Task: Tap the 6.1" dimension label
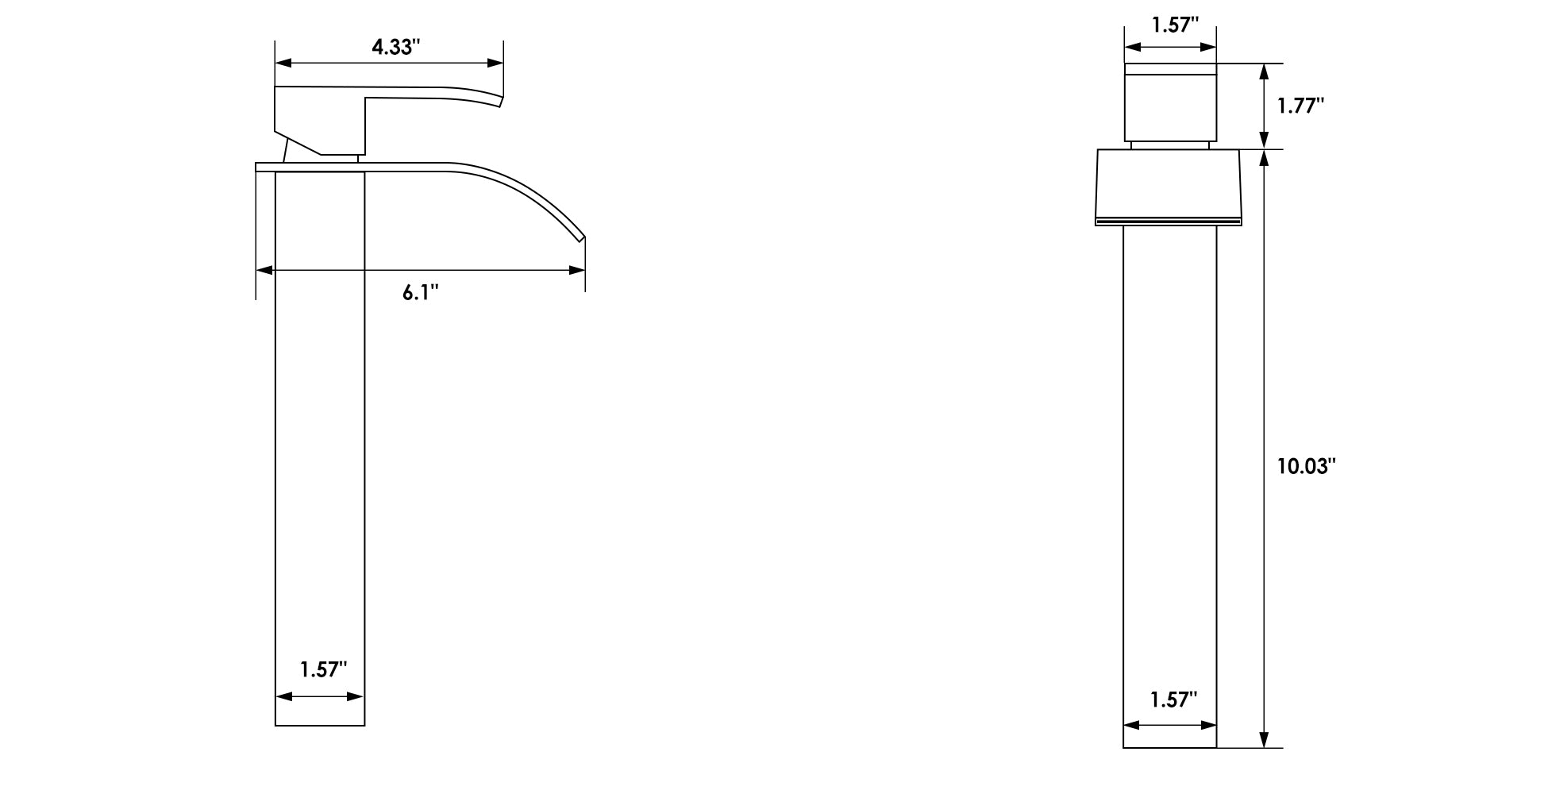tap(420, 293)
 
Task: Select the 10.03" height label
tap(1307, 466)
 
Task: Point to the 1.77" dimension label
tap(1301, 106)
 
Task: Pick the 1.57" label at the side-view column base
tap(1174, 700)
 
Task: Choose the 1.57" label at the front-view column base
tap(324, 669)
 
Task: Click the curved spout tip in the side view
tap(580, 237)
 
